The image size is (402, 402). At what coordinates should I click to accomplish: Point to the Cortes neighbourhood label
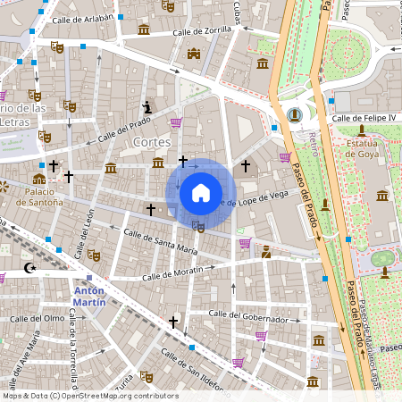pyautogui.click(x=150, y=142)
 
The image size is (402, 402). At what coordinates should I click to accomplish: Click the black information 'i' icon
pyautogui.click(x=147, y=108)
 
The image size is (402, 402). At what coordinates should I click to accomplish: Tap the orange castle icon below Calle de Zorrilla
pyautogui.click(x=194, y=54)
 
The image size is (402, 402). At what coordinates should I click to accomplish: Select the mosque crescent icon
pyautogui.click(x=29, y=267)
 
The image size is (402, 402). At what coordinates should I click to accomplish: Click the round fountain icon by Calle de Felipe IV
pyautogui.click(x=295, y=114)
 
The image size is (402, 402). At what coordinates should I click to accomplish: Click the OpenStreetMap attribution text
pyautogui.click(x=89, y=396)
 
